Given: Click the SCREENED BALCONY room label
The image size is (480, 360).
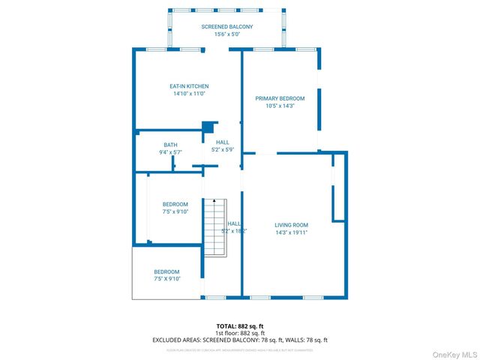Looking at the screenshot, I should point(226,27).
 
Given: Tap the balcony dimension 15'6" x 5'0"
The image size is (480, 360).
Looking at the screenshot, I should point(226,34).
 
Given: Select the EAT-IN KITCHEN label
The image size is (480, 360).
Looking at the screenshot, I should point(188,86).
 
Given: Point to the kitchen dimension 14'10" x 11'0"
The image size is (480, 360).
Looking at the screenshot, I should point(188,94).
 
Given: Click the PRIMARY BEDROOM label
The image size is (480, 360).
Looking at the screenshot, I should point(280,98).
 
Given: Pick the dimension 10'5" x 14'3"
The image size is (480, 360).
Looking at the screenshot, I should point(280,106).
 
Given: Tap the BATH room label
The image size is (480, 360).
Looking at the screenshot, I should point(170,145).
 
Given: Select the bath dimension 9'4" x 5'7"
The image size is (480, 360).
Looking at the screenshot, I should point(170,152).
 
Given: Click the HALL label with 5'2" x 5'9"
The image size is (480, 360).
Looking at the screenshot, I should point(223,142).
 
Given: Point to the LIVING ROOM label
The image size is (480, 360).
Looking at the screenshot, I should point(291,225).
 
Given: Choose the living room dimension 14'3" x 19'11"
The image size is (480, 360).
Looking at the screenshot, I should point(291,232).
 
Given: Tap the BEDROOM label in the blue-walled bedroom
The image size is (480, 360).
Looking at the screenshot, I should point(175,204).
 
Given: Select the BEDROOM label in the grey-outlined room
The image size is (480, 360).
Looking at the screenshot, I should point(166,271).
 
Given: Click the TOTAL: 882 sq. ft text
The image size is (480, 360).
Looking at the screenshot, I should point(240,326).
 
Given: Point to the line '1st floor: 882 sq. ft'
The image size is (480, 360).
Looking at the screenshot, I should point(240,333).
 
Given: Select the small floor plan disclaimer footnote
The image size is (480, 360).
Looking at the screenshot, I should point(240,349).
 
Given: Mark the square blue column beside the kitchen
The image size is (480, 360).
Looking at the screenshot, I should point(209,127).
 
